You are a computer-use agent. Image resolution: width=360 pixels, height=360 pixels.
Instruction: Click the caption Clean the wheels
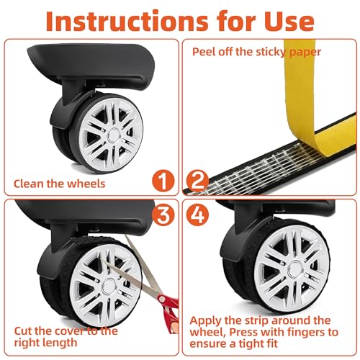(x=60, y=184)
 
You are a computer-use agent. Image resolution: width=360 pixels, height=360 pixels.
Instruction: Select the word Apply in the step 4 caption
(x=208, y=320)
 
